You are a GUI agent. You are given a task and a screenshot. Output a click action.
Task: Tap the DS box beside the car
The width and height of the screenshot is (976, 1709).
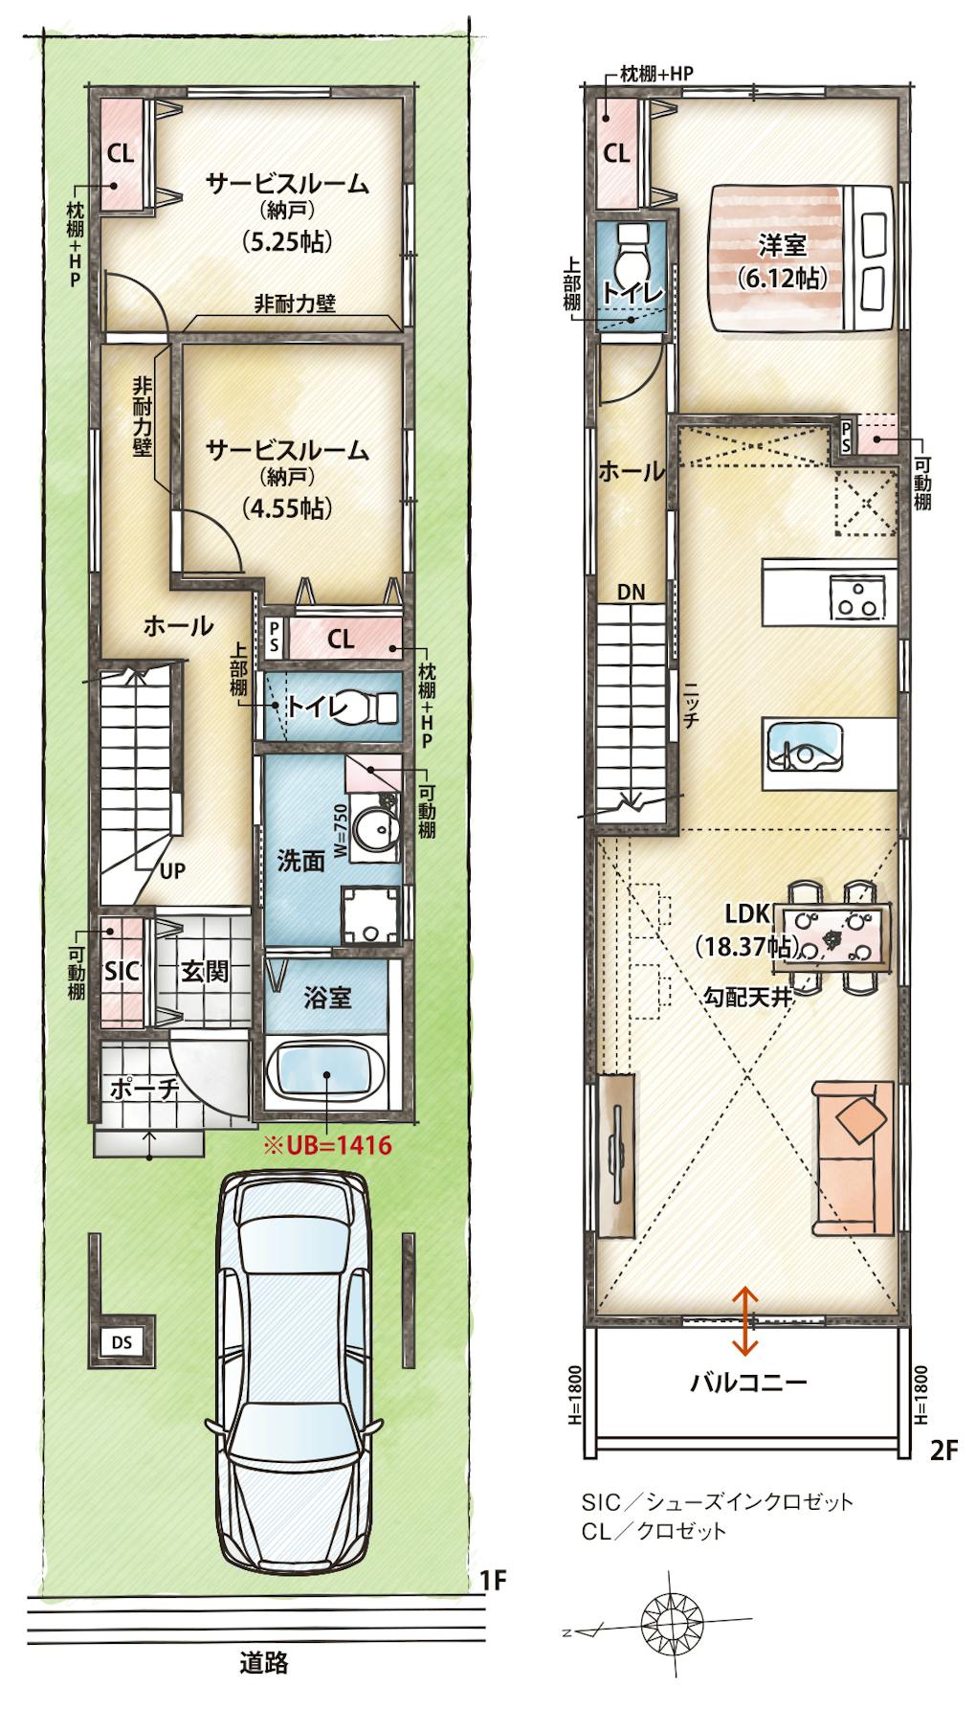pyautogui.click(x=122, y=1342)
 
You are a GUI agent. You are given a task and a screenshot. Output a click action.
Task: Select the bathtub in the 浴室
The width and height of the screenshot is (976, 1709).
pyautogui.click(x=326, y=1076)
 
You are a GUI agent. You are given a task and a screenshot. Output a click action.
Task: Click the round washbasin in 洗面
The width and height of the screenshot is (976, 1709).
pyautogui.click(x=369, y=823)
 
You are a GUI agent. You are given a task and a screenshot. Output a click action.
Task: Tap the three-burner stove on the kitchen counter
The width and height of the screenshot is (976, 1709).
pyautogui.click(x=855, y=595)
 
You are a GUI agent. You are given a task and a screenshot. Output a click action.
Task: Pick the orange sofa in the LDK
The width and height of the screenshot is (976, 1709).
pyautogui.click(x=854, y=1158)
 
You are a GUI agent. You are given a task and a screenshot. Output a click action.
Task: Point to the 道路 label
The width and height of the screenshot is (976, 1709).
pyautogui.click(x=263, y=1662)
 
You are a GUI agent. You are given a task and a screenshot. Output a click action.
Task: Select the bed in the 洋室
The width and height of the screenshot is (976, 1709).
pyautogui.click(x=806, y=259)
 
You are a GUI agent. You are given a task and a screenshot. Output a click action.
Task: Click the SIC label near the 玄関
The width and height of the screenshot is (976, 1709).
pyautogui.click(x=122, y=971)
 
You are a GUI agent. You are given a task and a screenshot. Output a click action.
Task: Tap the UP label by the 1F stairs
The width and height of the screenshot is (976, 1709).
pyautogui.click(x=172, y=870)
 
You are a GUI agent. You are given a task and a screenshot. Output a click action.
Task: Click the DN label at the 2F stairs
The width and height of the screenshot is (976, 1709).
pyautogui.click(x=632, y=593)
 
